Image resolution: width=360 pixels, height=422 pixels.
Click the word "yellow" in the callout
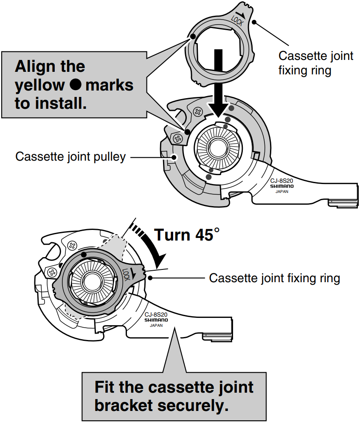pyautogui.click(x=40, y=85)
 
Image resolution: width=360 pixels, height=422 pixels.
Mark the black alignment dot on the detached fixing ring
pyautogui.click(x=193, y=37)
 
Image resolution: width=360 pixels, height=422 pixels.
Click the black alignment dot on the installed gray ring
pyautogui.click(x=84, y=255)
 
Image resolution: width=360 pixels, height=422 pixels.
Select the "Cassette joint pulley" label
pyautogui.click(x=70, y=157)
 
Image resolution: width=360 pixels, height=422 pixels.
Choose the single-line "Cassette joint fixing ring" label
pyautogui.click(x=275, y=278)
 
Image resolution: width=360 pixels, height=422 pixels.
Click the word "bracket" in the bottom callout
pyautogui.click(x=123, y=405)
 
